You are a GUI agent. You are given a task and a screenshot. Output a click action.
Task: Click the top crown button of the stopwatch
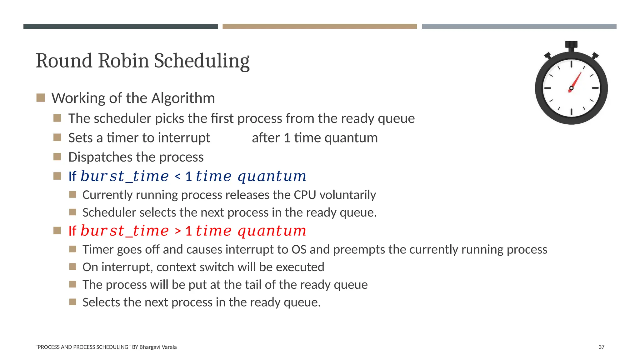[x=571, y=45]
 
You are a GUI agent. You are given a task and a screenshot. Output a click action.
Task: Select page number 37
[x=601, y=347]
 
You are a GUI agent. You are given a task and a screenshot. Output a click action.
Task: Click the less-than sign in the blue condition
[x=177, y=177]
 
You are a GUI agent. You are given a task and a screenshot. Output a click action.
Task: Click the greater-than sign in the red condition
[x=177, y=231]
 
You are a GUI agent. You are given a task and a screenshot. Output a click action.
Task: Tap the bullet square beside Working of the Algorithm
[x=41, y=98]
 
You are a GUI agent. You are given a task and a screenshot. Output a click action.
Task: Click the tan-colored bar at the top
[x=319, y=27]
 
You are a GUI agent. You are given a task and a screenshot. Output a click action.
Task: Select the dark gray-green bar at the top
[x=120, y=27]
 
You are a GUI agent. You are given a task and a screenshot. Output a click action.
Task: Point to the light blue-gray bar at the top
[x=519, y=27]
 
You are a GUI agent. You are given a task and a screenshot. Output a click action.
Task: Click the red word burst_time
[x=124, y=231]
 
